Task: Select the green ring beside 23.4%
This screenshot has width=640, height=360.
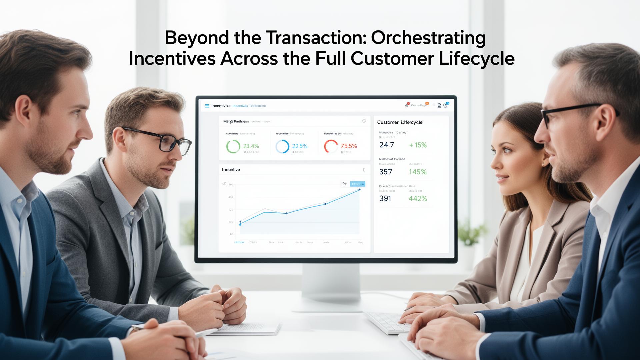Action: point(233,146)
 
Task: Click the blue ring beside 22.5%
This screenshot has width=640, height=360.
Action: point(282,146)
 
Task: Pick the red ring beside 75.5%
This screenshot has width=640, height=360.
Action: point(331,146)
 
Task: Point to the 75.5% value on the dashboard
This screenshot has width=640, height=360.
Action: point(349,146)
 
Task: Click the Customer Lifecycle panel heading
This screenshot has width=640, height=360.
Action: point(400,122)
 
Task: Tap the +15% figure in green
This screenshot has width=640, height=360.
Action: point(418,145)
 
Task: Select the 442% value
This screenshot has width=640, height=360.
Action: point(418,199)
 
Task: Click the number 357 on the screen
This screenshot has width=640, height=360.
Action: point(386,172)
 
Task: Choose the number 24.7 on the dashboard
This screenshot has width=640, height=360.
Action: point(387,145)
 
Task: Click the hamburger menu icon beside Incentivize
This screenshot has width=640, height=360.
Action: point(207,106)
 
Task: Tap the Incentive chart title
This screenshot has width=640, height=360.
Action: point(231,170)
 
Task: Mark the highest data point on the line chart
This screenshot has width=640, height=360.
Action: point(359,190)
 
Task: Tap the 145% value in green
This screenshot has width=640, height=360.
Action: point(418,172)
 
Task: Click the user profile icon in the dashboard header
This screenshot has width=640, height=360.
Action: point(439,105)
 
